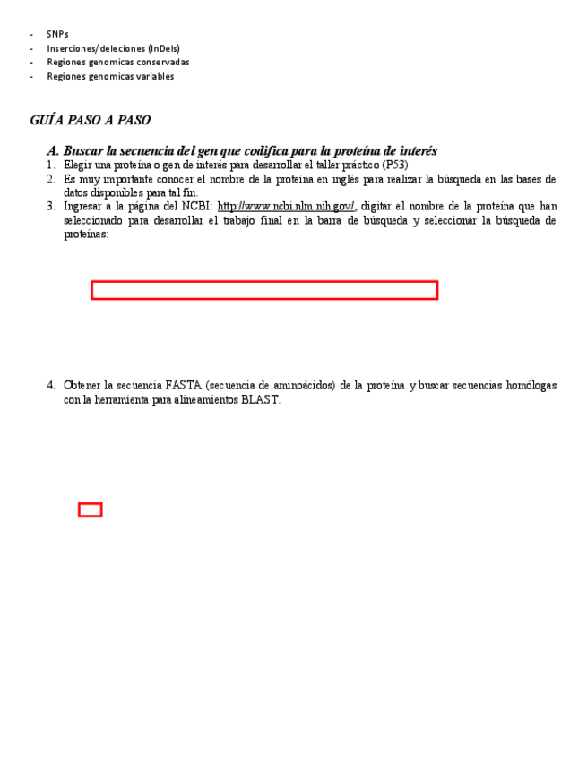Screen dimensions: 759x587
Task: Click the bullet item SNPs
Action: pyautogui.click(x=57, y=34)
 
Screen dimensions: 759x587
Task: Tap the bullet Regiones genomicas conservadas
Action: pyautogui.click(x=117, y=63)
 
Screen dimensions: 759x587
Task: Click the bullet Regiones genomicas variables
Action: pyautogui.click(x=110, y=77)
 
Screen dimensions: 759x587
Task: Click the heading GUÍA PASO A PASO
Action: pyautogui.click(x=90, y=121)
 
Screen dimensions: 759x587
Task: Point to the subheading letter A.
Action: pyautogui.click(x=52, y=151)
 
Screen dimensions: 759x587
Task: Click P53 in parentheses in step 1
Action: pyautogui.click(x=394, y=166)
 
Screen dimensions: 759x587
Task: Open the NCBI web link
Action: pyautogui.click(x=286, y=207)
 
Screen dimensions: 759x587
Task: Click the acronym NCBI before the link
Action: pyautogui.click(x=197, y=207)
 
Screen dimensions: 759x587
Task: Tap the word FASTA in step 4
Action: pyautogui.click(x=184, y=386)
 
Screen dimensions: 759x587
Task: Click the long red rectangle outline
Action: pyautogui.click(x=264, y=290)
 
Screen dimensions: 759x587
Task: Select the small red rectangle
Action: pyautogui.click(x=90, y=509)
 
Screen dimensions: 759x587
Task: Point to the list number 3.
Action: pyautogui.click(x=51, y=207)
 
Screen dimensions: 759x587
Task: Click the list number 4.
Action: pyautogui.click(x=51, y=386)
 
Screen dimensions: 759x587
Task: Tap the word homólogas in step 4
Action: pyautogui.click(x=531, y=386)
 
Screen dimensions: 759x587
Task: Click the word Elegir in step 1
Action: pyautogui.click(x=78, y=166)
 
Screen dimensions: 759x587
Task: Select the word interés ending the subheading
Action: pyautogui.click(x=417, y=151)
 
